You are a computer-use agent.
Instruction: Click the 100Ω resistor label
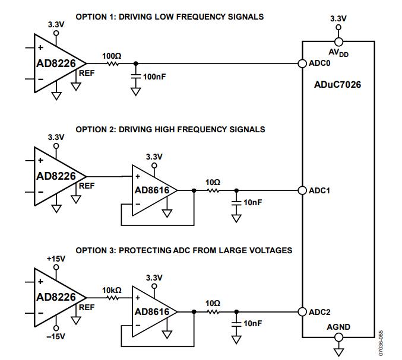click(x=112, y=55)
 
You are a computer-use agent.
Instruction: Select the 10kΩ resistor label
click(x=112, y=290)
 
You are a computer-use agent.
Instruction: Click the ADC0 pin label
click(x=321, y=63)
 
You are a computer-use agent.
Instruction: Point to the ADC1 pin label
click(x=321, y=190)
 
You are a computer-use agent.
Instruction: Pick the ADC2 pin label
click(x=321, y=311)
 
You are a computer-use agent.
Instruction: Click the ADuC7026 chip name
click(x=337, y=85)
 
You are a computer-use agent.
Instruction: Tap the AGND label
click(x=338, y=327)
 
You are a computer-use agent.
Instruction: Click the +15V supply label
click(x=56, y=260)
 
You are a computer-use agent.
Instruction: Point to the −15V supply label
click(x=56, y=337)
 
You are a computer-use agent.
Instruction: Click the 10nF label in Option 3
click(x=254, y=323)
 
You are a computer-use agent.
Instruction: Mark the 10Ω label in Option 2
click(x=213, y=182)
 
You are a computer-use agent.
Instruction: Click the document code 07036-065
click(x=390, y=342)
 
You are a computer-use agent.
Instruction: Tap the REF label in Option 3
click(x=87, y=307)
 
